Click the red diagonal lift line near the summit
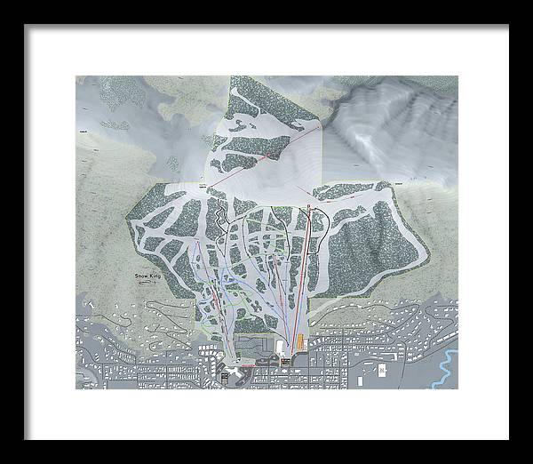click(x=266, y=159)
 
